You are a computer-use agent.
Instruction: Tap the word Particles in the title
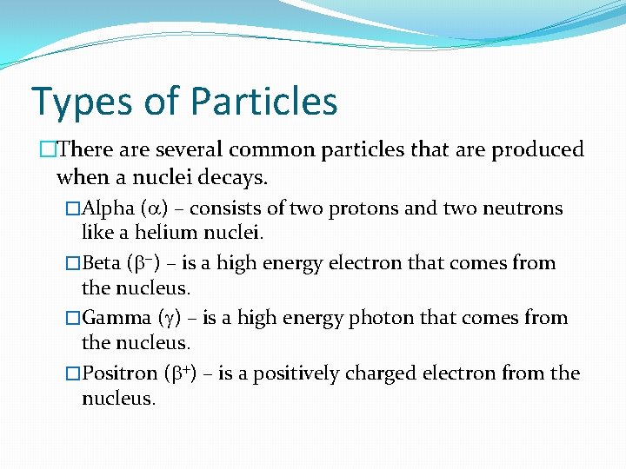(264, 101)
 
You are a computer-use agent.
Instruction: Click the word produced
(537, 150)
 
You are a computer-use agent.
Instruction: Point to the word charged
(388, 373)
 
